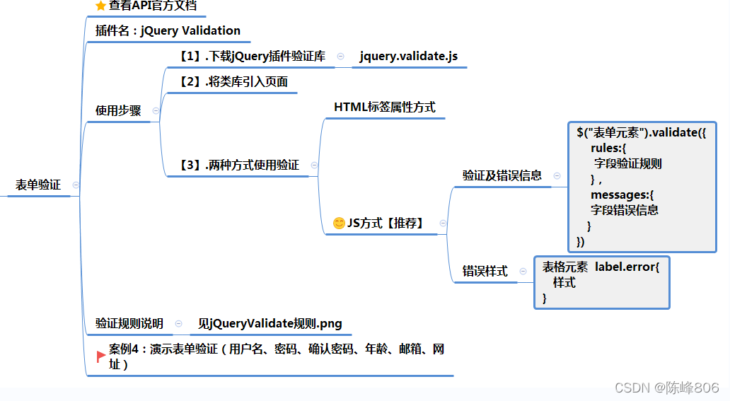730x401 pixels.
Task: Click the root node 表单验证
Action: click(x=38, y=185)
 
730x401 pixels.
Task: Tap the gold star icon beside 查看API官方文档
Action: click(x=100, y=6)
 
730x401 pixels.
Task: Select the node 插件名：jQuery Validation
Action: click(x=168, y=31)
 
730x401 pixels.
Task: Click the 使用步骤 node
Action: click(x=118, y=111)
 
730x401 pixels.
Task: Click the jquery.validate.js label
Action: click(x=409, y=57)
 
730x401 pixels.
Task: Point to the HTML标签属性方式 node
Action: click(x=384, y=107)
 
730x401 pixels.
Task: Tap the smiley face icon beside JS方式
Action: click(x=339, y=223)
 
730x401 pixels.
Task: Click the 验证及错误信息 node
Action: click(x=502, y=176)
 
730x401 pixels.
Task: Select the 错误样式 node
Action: click(x=485, y=272)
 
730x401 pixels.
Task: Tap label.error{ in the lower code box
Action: click(x=627, y=267)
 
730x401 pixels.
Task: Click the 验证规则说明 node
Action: click(x=129, y=324)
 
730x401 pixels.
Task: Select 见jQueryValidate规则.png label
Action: click(x=270, y=324)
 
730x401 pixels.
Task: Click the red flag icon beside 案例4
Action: click(x=101, y=356)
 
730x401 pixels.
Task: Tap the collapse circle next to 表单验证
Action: click(x=76, y=185)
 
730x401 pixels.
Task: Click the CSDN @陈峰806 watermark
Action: click(x=666, y=388)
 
